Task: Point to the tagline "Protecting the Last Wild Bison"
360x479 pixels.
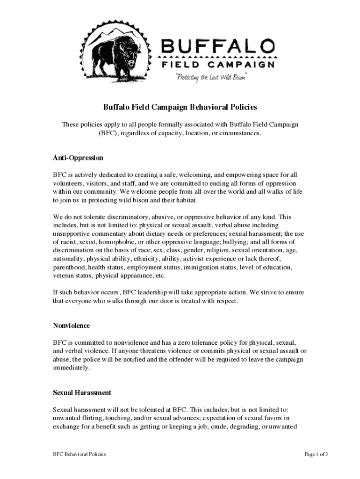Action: tap(210, 77)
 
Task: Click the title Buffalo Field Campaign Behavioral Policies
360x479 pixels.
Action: tap(180, 108)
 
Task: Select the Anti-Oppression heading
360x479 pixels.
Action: tap(78, 158)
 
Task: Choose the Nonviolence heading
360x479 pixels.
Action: tap(71, 326)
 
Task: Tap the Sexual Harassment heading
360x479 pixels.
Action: tap(82, 393)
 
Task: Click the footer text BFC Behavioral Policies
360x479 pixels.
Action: tap(79, 454)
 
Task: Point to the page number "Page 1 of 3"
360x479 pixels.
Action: tap(317, 454)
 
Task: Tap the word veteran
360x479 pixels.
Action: tap(64, 276)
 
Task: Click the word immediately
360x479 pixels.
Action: tap(71, 368)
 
